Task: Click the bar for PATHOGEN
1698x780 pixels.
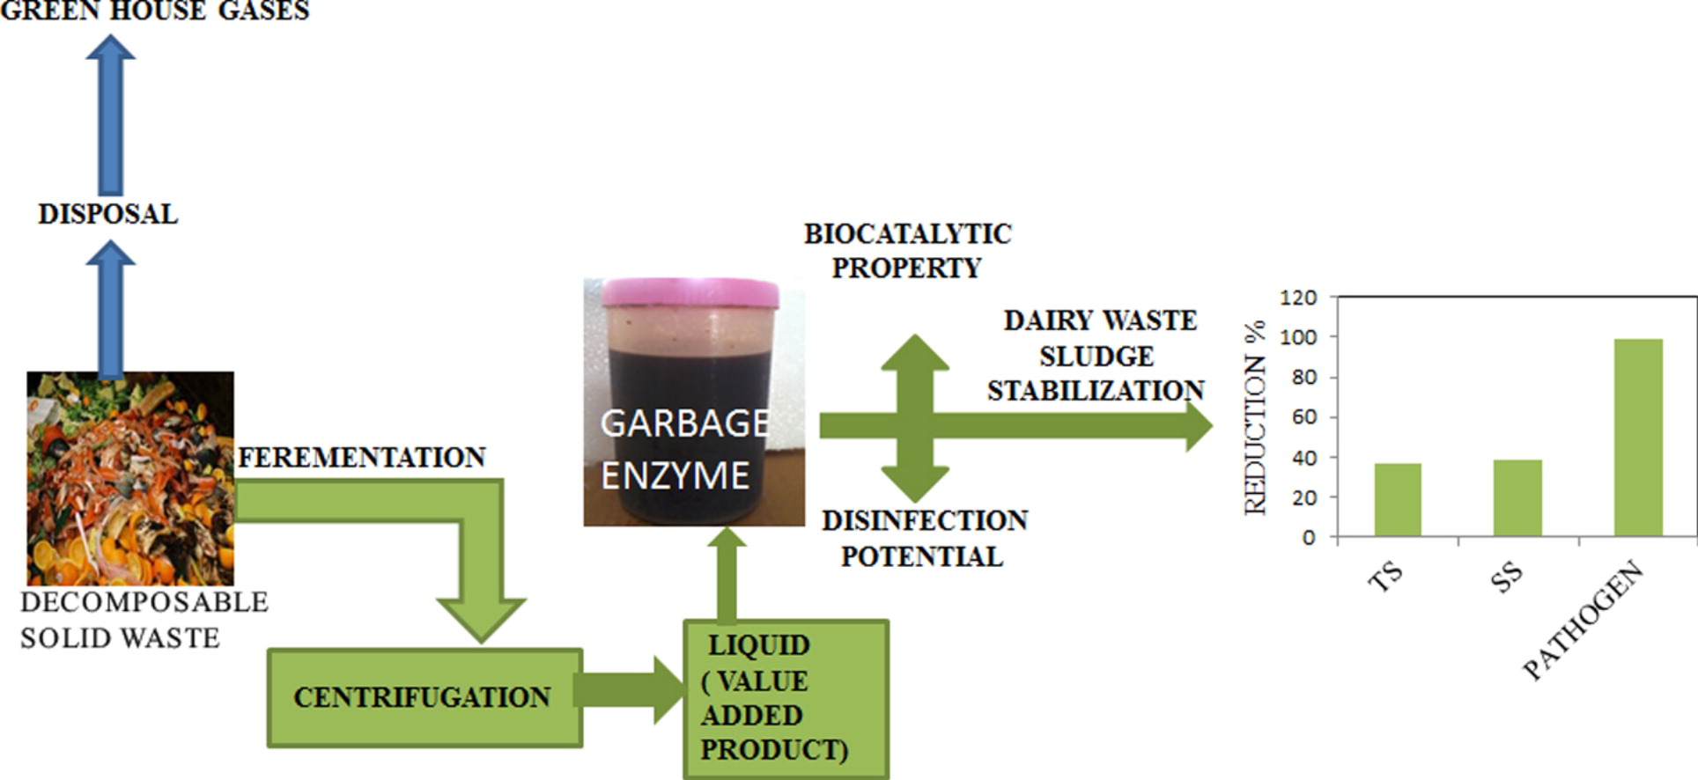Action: (1638, 438)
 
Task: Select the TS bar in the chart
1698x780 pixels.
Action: (1398, 499)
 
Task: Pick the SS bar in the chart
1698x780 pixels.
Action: (1517, 497)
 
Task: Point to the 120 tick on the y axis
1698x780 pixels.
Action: (1299, 298)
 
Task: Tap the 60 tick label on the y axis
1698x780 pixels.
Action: (1304, 417)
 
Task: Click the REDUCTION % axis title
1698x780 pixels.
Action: (1255, 417)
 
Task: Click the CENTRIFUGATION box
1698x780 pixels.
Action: (424, 697)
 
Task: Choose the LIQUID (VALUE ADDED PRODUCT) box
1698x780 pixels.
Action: (786, 698)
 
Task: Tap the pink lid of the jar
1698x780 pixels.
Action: (690, 292)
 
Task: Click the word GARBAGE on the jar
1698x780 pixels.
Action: (685, 423)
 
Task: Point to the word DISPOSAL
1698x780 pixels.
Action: (108, 214)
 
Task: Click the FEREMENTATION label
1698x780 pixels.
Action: (362, 458)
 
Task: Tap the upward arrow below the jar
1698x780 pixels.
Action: (727, 574)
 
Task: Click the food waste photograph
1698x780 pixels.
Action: (130, 478)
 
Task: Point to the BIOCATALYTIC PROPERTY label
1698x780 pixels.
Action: (907, 251)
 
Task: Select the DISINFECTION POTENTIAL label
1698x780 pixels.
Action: (924, 538)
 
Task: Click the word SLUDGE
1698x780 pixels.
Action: (1096, 357)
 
